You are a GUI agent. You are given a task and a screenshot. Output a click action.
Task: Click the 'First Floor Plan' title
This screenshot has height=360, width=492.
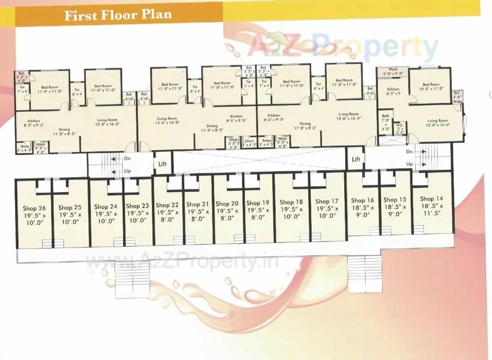(118, 15)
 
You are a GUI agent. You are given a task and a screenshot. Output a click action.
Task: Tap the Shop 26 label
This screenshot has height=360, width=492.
(34, 209)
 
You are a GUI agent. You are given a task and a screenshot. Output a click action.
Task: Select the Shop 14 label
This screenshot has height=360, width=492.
(431, 199)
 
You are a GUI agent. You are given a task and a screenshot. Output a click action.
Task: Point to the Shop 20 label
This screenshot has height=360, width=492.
(227, 204)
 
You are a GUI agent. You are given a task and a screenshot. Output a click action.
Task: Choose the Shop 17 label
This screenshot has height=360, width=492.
(327, 201)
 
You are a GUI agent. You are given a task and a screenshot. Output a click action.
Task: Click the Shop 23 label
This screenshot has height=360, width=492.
(137, 206)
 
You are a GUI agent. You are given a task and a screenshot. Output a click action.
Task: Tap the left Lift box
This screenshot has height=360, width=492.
(163, 164)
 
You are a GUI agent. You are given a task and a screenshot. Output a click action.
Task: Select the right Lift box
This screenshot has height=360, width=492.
(356, 159)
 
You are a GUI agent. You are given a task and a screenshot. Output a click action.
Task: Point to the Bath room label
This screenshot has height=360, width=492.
(385, 116)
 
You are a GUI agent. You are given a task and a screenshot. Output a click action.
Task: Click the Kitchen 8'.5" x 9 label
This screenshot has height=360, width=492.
(393, 91)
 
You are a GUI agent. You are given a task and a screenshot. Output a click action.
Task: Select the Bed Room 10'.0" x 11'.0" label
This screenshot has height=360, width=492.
(431, 86)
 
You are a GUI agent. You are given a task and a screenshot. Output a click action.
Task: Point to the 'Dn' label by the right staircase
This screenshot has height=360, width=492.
(409, 152)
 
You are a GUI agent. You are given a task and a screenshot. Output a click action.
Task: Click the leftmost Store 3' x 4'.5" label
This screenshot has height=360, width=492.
(25, 148)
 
